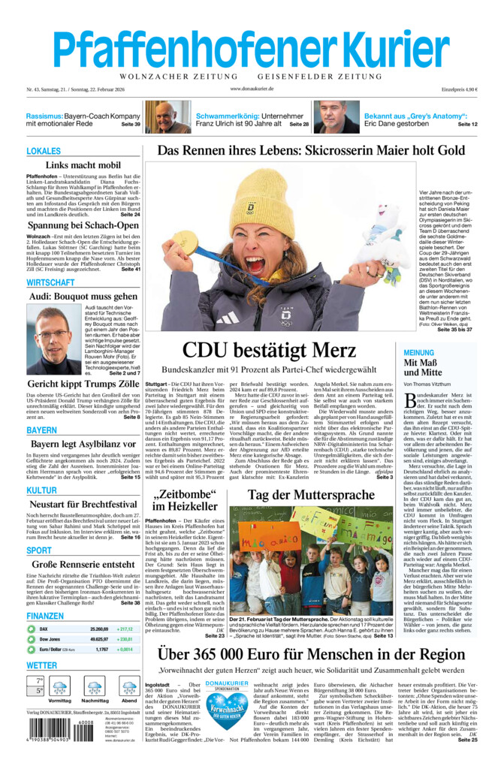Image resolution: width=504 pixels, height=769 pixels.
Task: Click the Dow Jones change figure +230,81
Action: point(125,638)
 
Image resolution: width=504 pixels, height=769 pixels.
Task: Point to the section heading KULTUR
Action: point(41,490)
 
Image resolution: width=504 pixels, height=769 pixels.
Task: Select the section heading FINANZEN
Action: point(45,616)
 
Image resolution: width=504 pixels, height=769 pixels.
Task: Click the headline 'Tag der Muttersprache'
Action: point(312,495)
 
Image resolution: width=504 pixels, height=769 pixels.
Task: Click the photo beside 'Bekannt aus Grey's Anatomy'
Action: point(336,118)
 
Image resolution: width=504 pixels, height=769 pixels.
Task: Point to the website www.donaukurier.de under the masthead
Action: point(252,89)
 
